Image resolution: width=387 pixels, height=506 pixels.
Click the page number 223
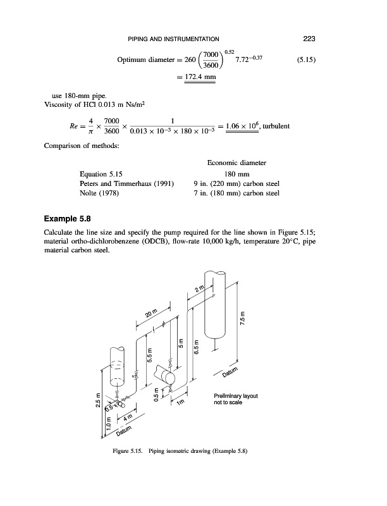tap(309, 39)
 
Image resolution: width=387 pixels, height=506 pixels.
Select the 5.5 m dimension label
tap(150, 359)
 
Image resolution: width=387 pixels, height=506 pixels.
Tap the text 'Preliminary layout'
tap(235, 397)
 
